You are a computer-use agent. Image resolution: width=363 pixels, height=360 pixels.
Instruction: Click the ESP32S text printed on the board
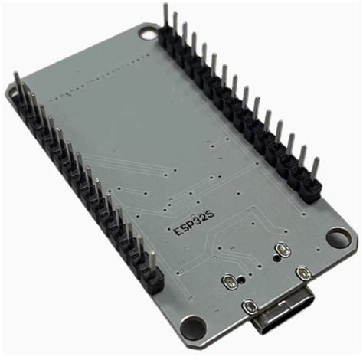[193, 224]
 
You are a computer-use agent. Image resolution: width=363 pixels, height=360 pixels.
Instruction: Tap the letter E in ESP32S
[177, 232]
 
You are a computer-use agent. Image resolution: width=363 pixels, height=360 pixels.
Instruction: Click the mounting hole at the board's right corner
[339, 237]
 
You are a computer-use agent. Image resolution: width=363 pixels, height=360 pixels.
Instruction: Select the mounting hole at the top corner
[149, 34]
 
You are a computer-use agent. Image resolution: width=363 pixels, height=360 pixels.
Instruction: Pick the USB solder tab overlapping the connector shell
[250, 306]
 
